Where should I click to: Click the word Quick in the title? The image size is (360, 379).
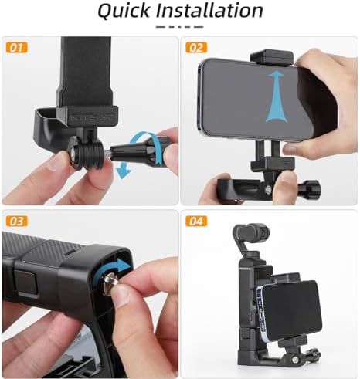point(124,11)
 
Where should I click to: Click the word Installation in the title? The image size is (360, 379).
point(209,10)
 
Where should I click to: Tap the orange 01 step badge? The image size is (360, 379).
point(17,48)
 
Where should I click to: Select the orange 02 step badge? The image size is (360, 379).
point(196,48)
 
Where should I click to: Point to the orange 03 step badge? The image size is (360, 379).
point(17,222)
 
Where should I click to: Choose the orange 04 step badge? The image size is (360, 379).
point(196,222)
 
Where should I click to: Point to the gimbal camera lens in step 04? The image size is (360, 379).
point(263,234)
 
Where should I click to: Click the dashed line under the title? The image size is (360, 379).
point(180,27)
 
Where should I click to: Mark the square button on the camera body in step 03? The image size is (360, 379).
point(25,283)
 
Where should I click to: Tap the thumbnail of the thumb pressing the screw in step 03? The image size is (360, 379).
point(121,296)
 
